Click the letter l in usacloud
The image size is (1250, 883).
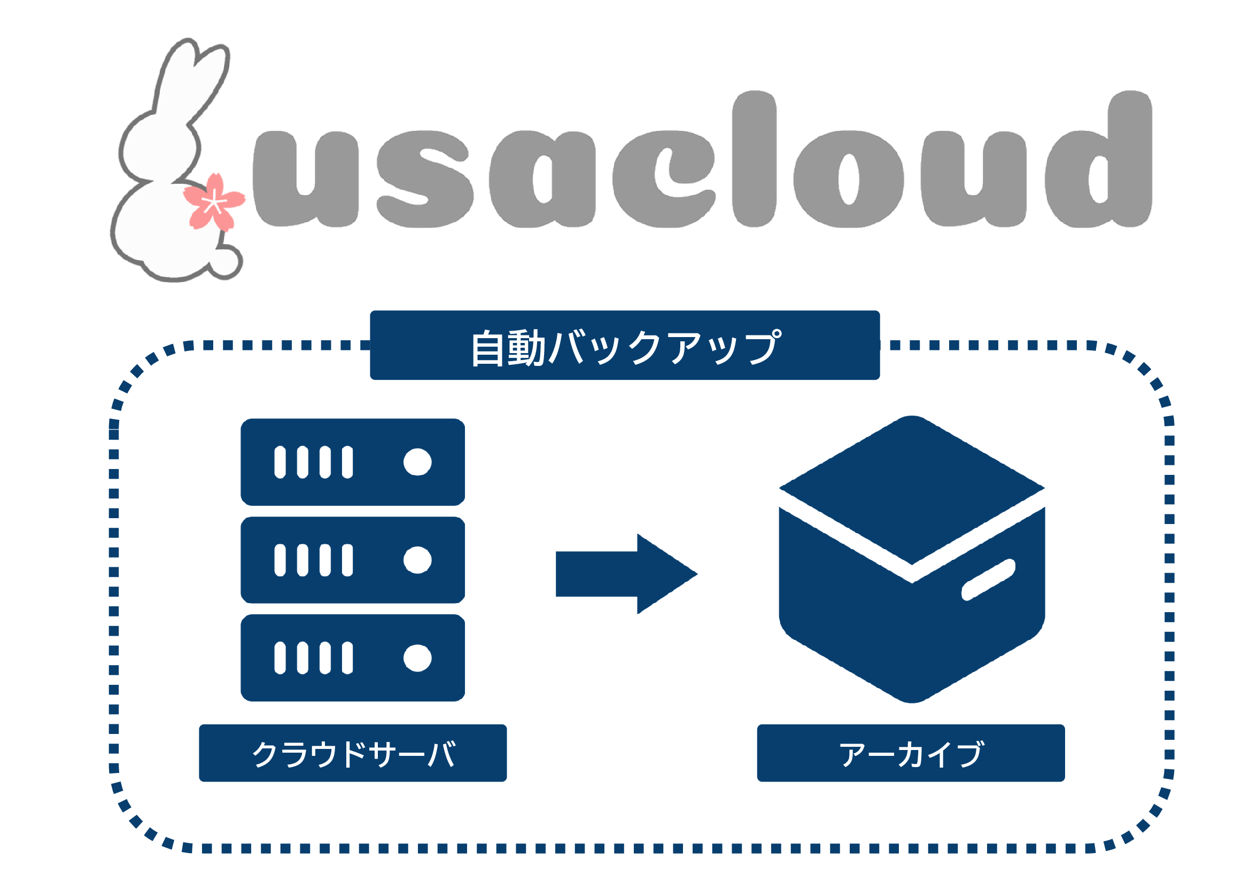point(754,158)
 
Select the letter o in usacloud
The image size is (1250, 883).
point(848,179)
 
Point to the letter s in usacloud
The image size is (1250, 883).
point(424,179)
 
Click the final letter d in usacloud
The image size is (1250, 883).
point(1105,163)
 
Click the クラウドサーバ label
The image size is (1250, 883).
point(353,753)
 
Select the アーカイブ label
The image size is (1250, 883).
point(911,753)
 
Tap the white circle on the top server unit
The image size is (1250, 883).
point(417,462)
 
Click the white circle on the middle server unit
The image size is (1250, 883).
point(417,560)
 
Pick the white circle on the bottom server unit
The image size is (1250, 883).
point(417,658)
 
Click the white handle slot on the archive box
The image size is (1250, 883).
point(988,580)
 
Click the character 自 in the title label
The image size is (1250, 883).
point(487,348)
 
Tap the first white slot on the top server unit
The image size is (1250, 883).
point(280,462)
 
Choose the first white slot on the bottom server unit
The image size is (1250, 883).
point(280,658)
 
